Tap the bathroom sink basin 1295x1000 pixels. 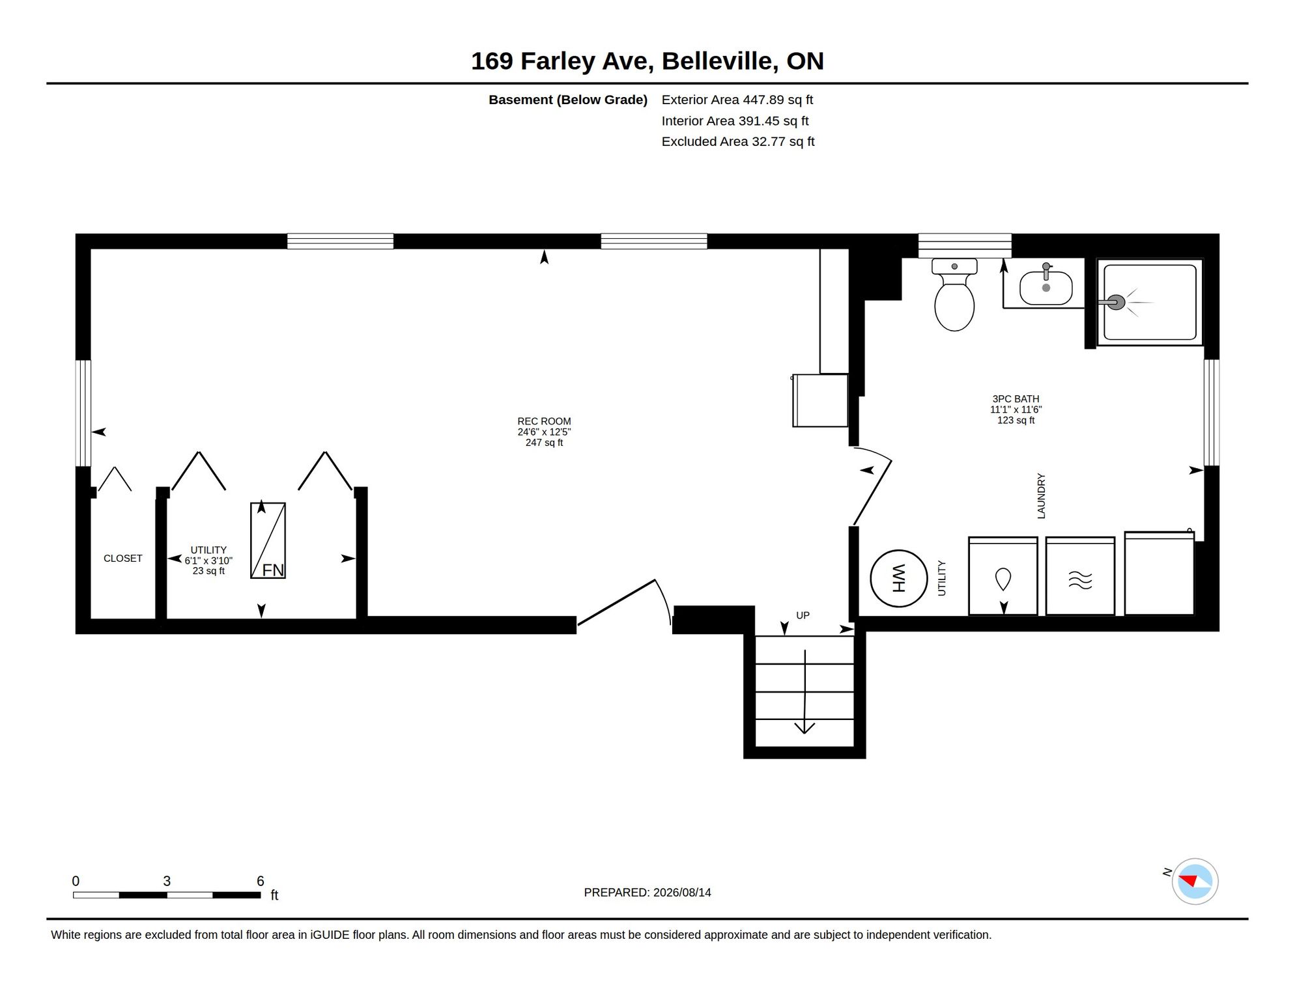(x=1046, y=288)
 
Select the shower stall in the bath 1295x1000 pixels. (x=1150, y=302)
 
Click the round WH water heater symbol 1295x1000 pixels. (x=898, y=578)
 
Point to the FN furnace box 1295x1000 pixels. (x=268, y=540)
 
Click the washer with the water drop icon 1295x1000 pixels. (x=1003, y=576)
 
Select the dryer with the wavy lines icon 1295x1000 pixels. (x=1080, y=576)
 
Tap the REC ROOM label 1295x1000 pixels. (x=544, y=421)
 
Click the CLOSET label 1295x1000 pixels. (x=122, y=559)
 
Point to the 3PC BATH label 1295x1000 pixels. (x=1016, y=399)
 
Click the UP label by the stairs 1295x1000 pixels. (x=803, y=615)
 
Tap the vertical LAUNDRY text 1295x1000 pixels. (x=1041, y=496)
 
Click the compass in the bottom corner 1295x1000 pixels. (x=1194, y=882)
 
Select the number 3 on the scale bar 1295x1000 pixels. (x=167, y=881)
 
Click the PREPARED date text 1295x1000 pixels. (x=647, y=893)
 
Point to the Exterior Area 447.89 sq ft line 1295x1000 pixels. (x=737, y=100)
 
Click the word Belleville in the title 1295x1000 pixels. (x=717, y=61)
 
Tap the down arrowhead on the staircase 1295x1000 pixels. (x=804, y=727)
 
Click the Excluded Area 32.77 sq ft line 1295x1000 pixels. (x=738, y=141)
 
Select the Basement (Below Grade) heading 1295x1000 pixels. (x=568, y=100)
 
